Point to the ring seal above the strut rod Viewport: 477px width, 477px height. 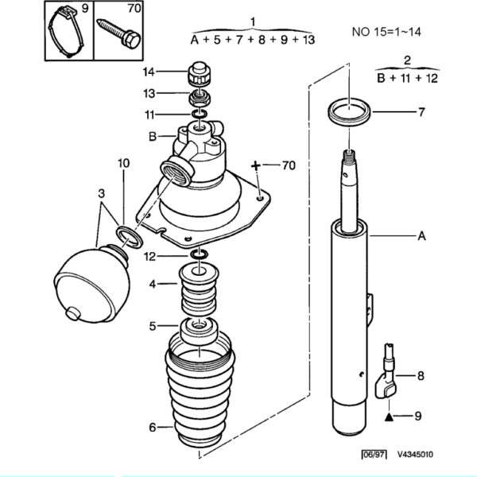[x=349, y=111]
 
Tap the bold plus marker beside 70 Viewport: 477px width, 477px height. [x=257, y=166]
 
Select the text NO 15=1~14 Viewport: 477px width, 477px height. [x=386, y=33]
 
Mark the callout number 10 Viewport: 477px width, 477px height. [x=123, y=163]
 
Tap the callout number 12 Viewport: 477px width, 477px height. [x=149, y=256]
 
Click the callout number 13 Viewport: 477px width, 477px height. [x=149, y=94]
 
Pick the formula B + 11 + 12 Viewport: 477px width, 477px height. [x=408, y=78]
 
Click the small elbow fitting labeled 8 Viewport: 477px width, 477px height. [x=388, y=374]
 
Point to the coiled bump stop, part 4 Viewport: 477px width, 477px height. [x=197, y=290]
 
